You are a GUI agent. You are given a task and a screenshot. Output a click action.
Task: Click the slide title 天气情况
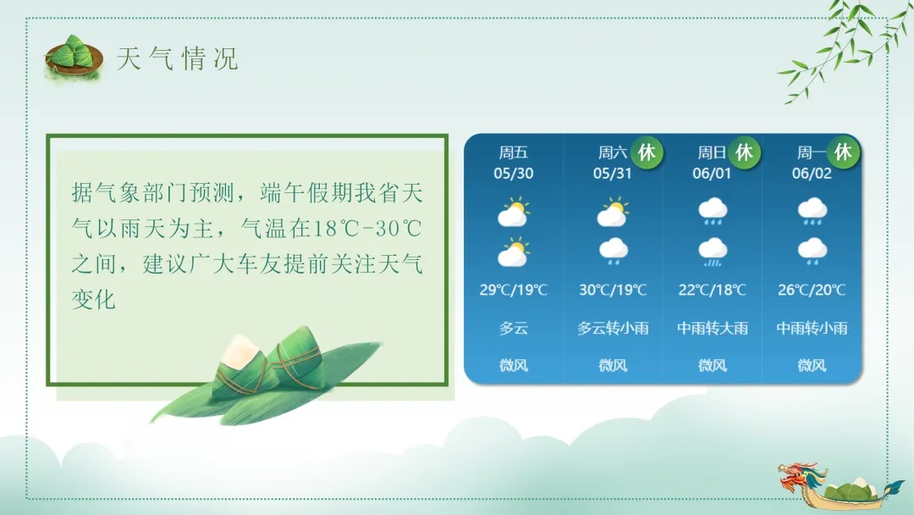pos(178,58)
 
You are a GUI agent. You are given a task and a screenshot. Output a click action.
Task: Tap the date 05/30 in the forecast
pos(514,174)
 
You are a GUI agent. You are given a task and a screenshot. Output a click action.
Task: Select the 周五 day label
pos(514,152)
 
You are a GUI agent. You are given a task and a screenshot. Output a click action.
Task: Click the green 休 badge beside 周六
pos(647,152)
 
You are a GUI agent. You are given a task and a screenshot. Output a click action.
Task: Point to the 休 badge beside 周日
pos(744,152)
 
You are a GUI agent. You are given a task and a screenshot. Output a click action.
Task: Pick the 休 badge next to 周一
pos(843,152)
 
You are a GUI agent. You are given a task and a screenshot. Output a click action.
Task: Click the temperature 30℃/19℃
pos(613,290)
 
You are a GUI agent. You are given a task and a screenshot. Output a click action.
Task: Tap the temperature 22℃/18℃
pos(713,290)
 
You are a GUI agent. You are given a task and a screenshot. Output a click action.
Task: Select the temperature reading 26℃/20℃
pos(812,290)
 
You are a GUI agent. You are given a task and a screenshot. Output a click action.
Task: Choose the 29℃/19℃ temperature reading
pos(514,290)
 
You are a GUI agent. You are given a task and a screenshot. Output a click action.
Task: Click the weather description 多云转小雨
pos(613,328)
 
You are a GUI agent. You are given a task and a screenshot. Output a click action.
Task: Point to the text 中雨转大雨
pos(713,328)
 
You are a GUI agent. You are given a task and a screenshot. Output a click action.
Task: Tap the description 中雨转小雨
pos(812,328)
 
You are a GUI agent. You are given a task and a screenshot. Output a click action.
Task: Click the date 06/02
pos(812,174)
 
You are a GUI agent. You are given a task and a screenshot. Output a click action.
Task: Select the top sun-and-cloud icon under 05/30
pos(514,212)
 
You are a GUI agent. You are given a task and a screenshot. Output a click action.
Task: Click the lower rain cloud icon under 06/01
pos(713,251)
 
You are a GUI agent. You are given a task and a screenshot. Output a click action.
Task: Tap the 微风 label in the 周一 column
pos(812,366)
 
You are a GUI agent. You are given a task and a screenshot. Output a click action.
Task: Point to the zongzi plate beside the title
pos(73,58)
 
